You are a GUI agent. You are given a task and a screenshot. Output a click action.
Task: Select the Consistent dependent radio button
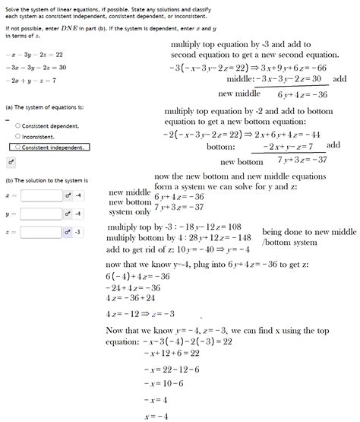[x=18, y=125]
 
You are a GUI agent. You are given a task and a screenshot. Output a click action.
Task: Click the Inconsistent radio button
[x=18, y=136]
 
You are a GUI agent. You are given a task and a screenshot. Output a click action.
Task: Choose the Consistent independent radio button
[x=18, y=147]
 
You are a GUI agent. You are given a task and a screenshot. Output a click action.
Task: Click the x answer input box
[x=41, y=195]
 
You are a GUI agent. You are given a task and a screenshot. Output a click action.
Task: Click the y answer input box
[x=41, y=214]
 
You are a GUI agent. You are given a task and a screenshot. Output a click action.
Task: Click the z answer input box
[x=41, y=232]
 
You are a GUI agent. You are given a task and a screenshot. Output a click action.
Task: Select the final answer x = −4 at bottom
[x=155, y=416]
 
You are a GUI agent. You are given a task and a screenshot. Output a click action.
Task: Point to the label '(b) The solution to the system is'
[x=46, y=179]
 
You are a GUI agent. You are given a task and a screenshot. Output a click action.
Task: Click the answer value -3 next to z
[x=78, y=232]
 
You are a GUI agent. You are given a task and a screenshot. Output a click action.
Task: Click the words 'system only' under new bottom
[x=130, y=212]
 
